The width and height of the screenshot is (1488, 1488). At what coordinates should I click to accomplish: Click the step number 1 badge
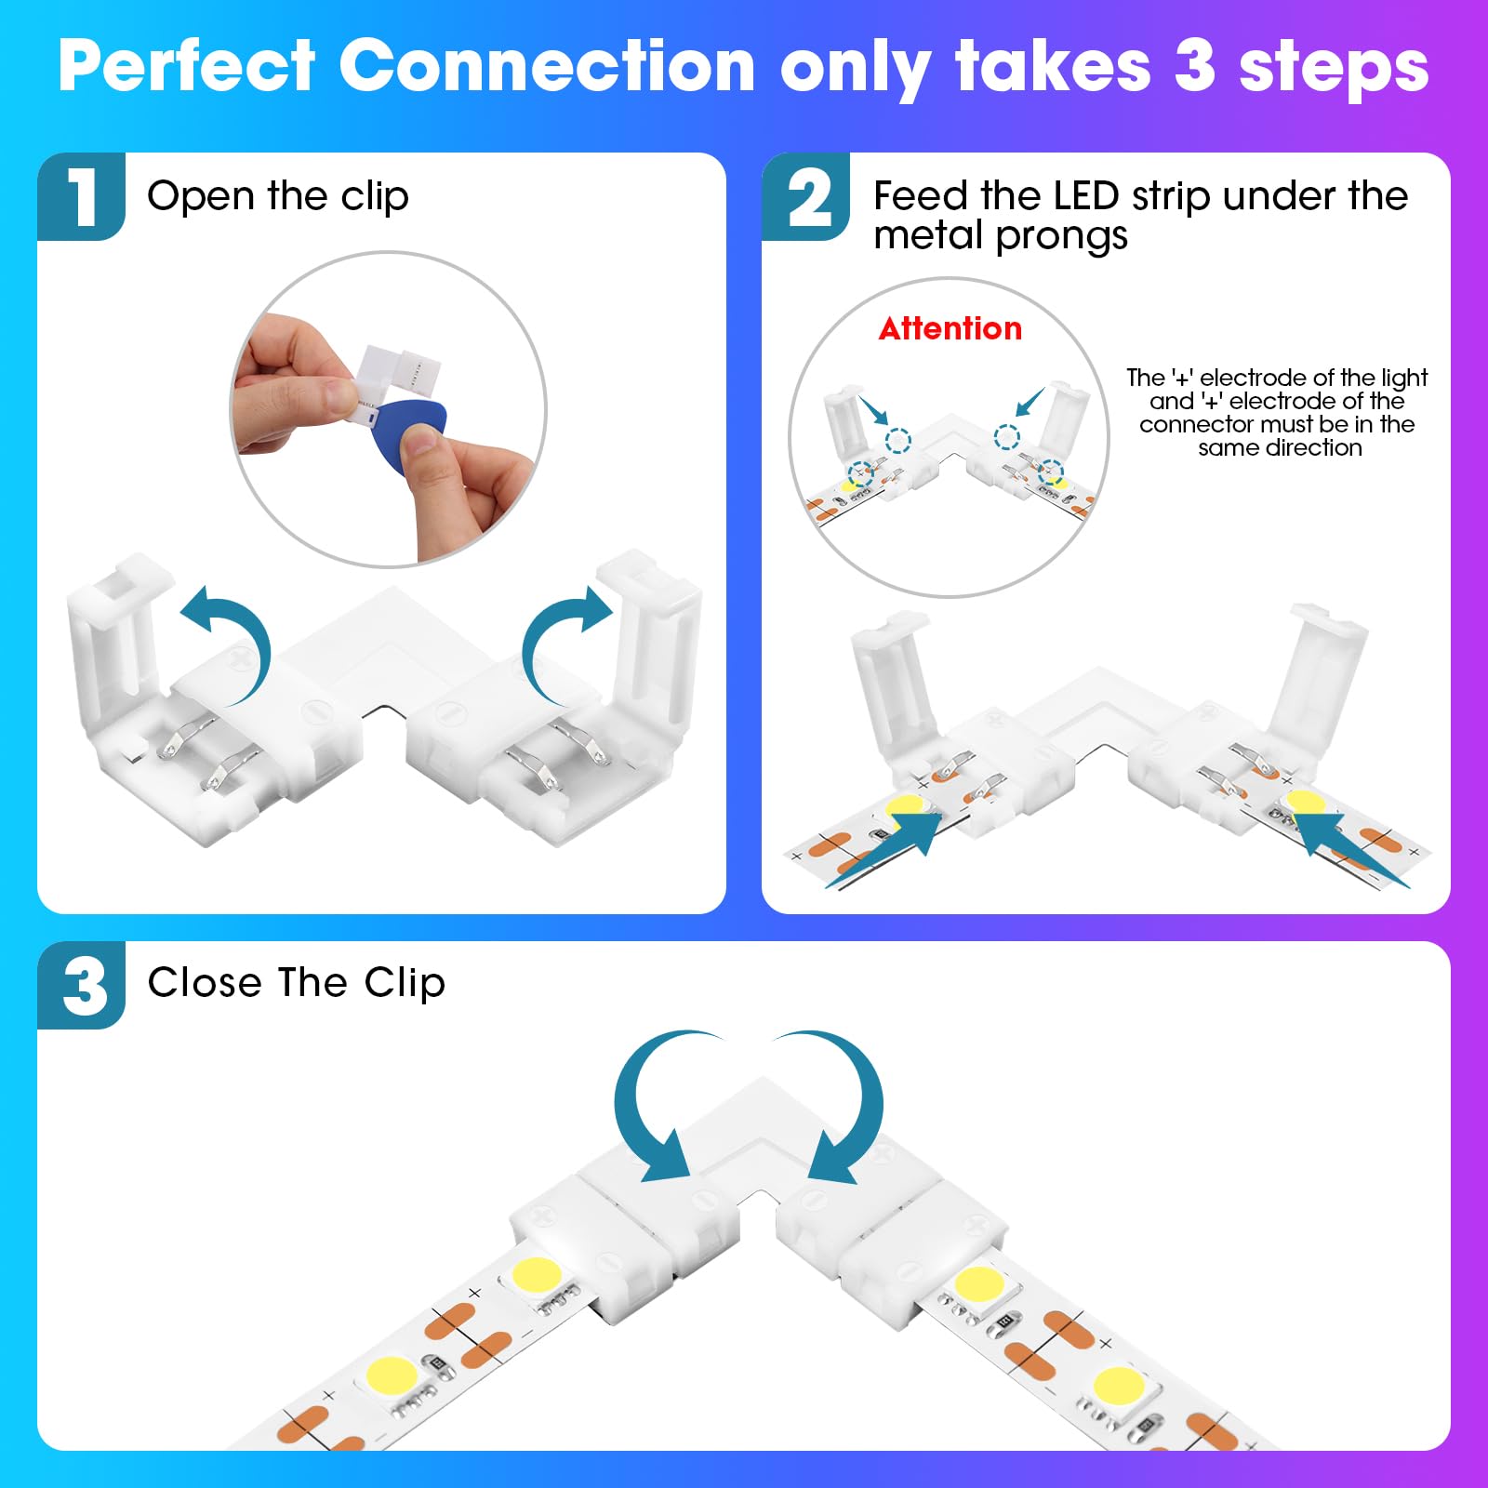pyautogui.click(x=82, y=196)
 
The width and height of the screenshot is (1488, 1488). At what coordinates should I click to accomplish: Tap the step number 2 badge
pyautogui.click(x=806, y=196)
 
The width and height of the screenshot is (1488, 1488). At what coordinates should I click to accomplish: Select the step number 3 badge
pyautogui.click(x=82, y=985)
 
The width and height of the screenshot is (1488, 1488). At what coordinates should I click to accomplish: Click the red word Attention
pyautogui.click(x=950, y=328)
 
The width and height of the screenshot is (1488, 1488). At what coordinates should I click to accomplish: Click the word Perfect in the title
pyautogui.click(x=187, y=67)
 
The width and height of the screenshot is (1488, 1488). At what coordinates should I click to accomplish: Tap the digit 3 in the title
pyautogui.click(x=1194, y=67)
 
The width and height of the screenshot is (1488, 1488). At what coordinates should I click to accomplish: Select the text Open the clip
pyautogui.click(x=277, y=196)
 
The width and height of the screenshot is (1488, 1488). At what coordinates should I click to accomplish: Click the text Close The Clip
pyautogui.click(x=296, y=983)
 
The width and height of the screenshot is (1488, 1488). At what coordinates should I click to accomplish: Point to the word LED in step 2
pyautogui.click(x=1085, y=196)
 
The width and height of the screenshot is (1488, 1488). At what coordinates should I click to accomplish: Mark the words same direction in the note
pyautogui.click(x=1280, y=448)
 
